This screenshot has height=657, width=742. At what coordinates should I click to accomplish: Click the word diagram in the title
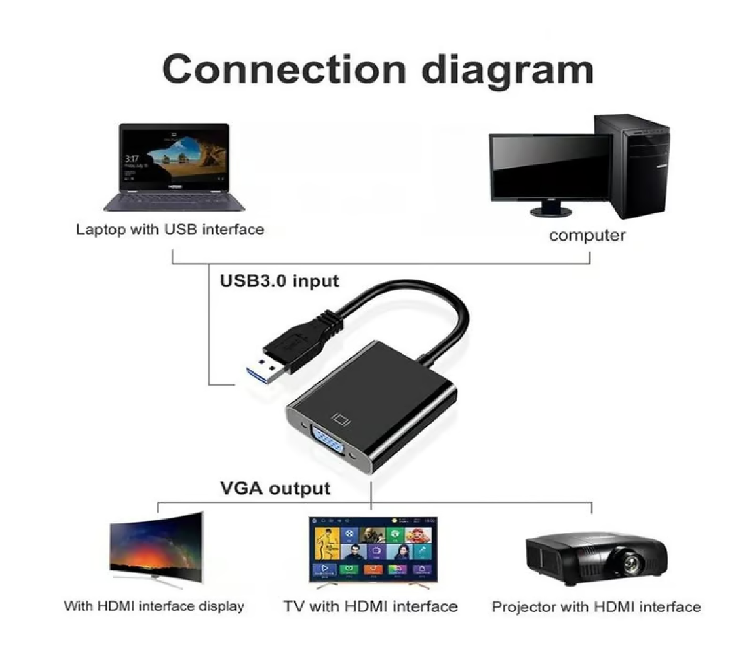pyautogui.click(x=507, y=71)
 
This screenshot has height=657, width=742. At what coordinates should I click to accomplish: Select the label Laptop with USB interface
pyautogui.click(x=170, y=229)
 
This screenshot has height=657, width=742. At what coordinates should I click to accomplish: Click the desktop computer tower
pyautogui.click(x=632, y=165)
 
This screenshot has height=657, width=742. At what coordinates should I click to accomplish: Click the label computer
pyautogui.click(x=587, y=235)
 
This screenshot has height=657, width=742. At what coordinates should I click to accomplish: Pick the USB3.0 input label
pyautogui.click(x=279, y=281)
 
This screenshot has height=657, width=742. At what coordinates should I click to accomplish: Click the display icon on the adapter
pyautogui.click(x=341, y=419)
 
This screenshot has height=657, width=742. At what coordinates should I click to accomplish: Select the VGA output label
pyautogui.click(x=275, y=488)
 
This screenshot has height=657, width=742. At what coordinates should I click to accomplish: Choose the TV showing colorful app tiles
pyautogui.click(x=374, y=550)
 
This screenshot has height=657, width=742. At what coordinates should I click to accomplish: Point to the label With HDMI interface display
pyautogui.click(x=154, y=606)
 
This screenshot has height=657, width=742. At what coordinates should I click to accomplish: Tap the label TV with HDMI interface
pyautogui.click(x=370, y=606)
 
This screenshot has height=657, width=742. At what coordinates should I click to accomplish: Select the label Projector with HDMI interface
pyautogui.click(x=596, y=606)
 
